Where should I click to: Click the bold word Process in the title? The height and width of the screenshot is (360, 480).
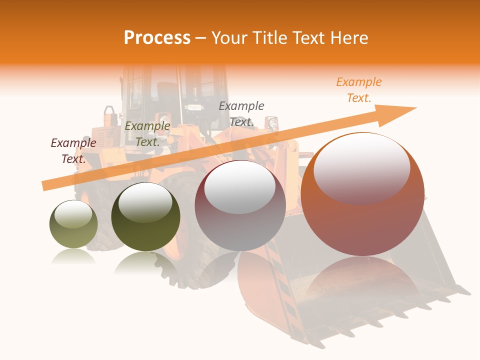pyautogui.click(x=157, y=38)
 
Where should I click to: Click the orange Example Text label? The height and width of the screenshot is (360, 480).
pyautogui.click(x=359, y=90)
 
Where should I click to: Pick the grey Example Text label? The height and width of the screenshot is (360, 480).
pyautogui.click(x=241, y=113)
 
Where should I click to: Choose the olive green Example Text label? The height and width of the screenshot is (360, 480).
pyautogui.click(x=147, y=134)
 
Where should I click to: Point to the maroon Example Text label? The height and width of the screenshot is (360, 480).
pyautogui.click(x=73, y=150)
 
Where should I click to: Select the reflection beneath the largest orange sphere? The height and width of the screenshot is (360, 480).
pyautogui.click(x=362, y=280)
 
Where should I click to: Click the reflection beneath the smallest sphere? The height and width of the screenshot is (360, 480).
pyautogui.click(x=73, y=257)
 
